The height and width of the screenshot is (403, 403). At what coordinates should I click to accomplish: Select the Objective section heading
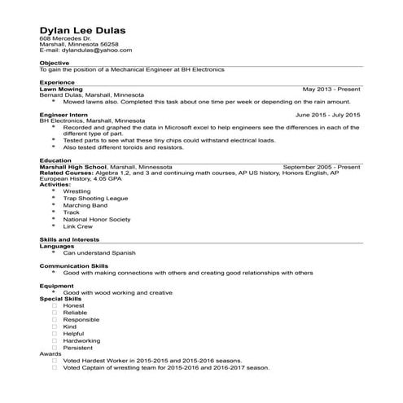pyautogui.click(x=55, y=63)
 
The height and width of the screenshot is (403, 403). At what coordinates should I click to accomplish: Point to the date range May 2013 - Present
pyautogui.click(x=331, y=89)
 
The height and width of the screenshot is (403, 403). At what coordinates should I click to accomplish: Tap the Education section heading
pyautogui.click(x=56, y=160)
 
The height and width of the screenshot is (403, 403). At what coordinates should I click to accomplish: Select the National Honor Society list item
pyautogui.click(x=96, y=219)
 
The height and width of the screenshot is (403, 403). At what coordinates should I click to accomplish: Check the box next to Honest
pyautogui.click(x=55, y=305)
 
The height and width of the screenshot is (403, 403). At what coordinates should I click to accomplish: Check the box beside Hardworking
pyautogui.click(x=55, y=340)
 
